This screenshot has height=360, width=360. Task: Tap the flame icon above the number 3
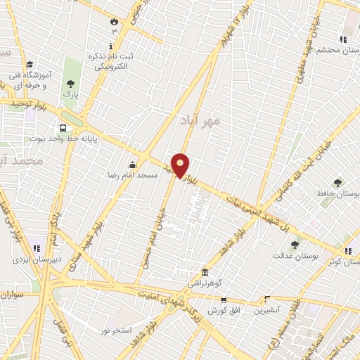click(x=115, y=21)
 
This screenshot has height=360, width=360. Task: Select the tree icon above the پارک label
click(x=70, y=81)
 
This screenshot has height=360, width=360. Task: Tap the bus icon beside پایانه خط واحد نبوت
click(x=63, y=129)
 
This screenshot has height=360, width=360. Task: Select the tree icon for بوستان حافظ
click(x=337, y=182)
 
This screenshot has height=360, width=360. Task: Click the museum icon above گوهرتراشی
click(x=205, y=272)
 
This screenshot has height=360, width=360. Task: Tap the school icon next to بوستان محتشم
click(x=342, y=39)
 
